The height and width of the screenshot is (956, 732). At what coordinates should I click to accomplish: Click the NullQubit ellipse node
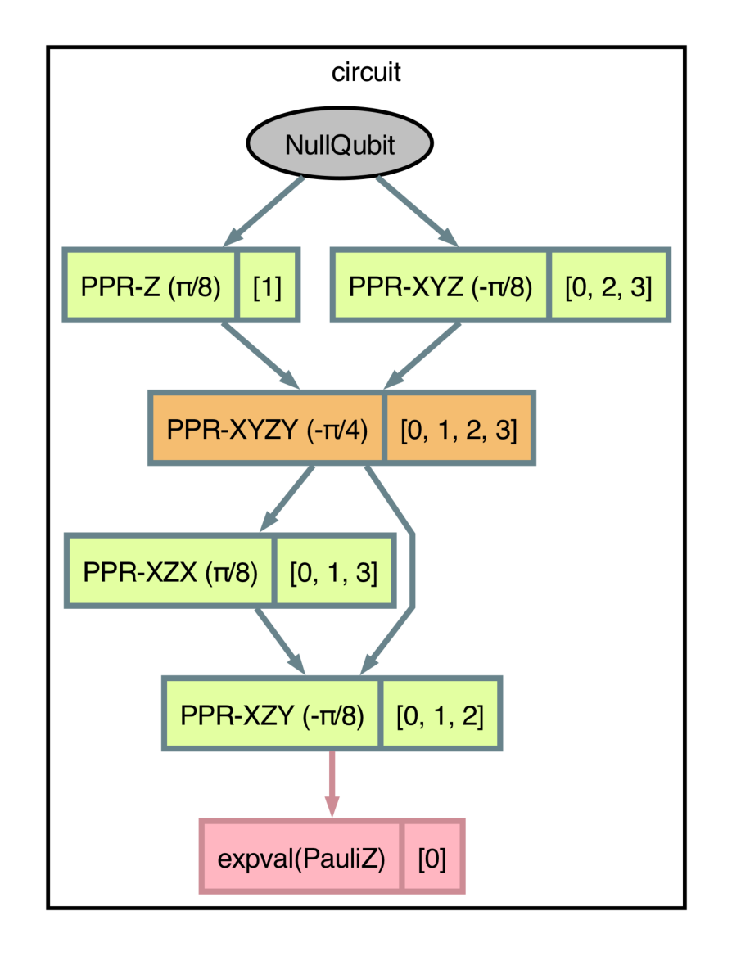[x=340, y=144]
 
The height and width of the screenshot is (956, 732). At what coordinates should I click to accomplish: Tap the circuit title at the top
[x=366, y=72]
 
